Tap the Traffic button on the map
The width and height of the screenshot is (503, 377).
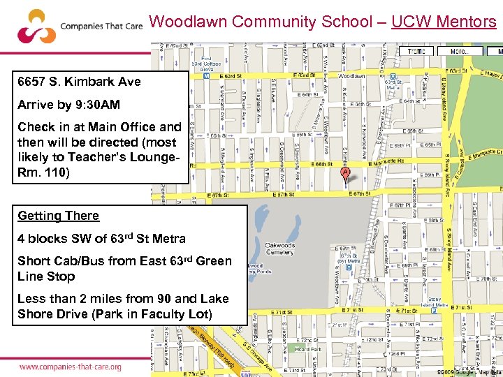point(416,51)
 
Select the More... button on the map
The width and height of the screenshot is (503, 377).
point(459,51)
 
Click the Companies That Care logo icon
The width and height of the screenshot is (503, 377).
point(36,26)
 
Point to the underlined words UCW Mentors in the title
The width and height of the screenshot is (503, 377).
point(444,22)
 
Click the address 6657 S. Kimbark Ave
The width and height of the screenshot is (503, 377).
point(79,82)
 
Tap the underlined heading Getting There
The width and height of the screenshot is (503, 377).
point(58,216)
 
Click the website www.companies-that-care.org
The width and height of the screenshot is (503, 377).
point(70,367)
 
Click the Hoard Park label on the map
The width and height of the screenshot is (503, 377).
point(307,349)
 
